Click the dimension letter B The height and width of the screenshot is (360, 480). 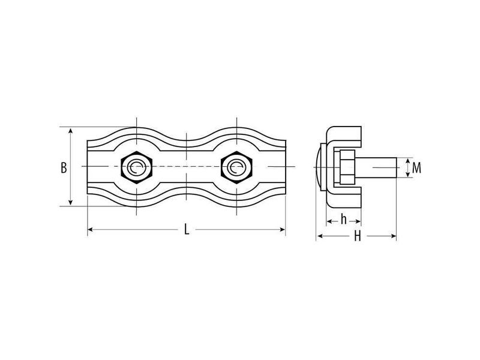pyautogui.click(x=64, y=168)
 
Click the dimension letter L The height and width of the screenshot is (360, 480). pyautogui.click(x=187, y=229)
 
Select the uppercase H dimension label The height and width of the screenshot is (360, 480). pyautogui.click(x=358, y=236)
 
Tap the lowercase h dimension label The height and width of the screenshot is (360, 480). pyautogui.click(x=344, y=219)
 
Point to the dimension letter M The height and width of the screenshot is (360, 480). pyautogui.click(x=416, y=168)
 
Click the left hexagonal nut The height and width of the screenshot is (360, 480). pyautogui.click(x=136, y=167)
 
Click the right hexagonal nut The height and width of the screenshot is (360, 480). pyautogui.click(x=236, y=167)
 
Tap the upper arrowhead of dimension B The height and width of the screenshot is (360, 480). pyautogui.click(x=70, y=131)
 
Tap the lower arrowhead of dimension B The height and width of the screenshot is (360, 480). pyautogui.click(x=70, y=202)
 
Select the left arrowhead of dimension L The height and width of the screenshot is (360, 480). pyautogui.click(x=91, y=229)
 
